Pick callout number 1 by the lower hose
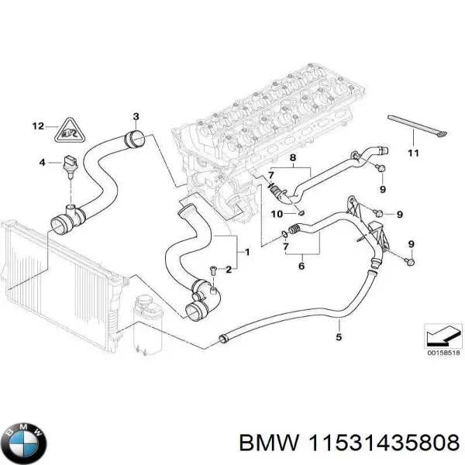[246, 252]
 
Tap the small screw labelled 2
[212, 269]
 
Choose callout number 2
[229, 270]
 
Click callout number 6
[301, 266]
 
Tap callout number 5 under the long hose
[338, 336]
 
